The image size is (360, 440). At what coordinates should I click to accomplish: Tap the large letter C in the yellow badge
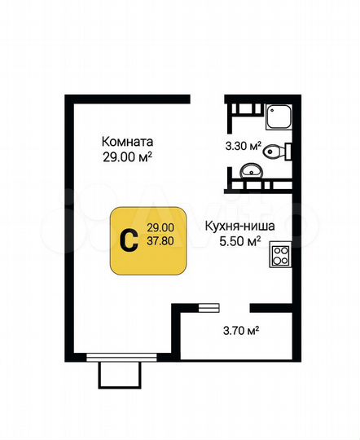[128, 240]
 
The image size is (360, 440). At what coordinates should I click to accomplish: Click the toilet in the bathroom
[279, 150]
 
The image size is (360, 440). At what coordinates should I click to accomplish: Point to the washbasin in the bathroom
[251, 171]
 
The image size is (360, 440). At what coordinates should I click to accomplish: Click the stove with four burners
[281, 256]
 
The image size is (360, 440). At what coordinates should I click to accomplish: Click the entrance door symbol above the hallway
[209, 308]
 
